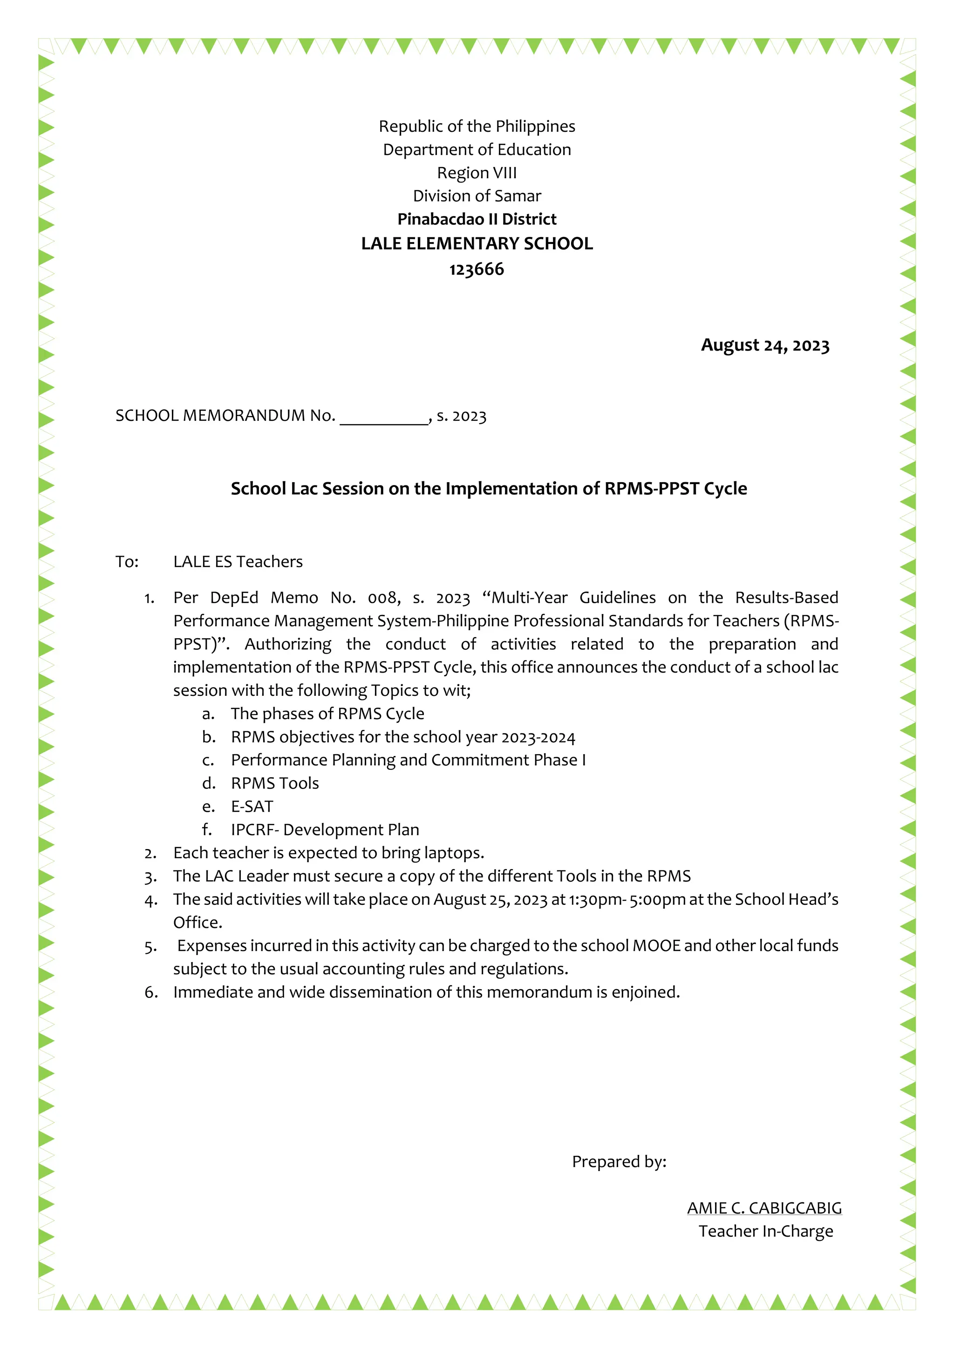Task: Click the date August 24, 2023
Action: click(765, 345)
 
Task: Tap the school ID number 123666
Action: click(477, 270)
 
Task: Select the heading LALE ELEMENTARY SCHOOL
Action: click(477, 243)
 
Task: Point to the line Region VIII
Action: click(477, 173)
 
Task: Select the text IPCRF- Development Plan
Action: click(325, 829)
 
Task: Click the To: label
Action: click(127, 562)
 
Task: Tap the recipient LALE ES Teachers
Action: click(238, 562)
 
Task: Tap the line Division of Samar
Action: click(477, 196)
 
